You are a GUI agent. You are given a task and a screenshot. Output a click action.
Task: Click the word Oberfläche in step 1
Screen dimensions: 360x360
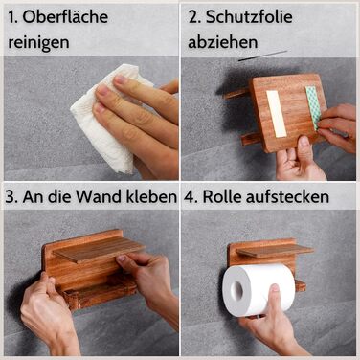pos(65,17)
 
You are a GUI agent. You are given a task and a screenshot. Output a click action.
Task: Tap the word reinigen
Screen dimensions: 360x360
pos(38,42)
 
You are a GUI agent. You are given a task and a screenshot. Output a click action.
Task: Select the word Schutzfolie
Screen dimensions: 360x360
pos(249,16)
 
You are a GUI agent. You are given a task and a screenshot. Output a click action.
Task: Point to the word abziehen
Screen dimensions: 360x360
pos(223,42)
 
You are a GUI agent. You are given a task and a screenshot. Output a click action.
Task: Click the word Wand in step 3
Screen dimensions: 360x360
pos(100,197)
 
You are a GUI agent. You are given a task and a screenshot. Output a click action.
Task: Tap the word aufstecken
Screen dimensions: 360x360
pos(287,196)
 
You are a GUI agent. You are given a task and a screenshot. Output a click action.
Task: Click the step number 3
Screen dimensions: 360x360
pos(11,197)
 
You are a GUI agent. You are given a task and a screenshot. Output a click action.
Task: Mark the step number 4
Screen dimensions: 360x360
pos(190,197)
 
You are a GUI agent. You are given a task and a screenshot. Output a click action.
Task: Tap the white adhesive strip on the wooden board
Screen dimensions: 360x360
pos(277,114)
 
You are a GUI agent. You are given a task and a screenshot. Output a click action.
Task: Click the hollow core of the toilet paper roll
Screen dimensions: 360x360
pos(237,289)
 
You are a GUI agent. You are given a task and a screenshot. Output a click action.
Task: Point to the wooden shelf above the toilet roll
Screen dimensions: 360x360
pos(275,250)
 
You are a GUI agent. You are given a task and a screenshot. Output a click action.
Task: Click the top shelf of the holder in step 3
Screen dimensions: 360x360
pos(99,249)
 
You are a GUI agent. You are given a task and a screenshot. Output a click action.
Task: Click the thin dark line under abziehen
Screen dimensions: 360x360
pos(262,56)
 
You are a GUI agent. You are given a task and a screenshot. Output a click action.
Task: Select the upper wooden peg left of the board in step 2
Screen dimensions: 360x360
pos(236,94)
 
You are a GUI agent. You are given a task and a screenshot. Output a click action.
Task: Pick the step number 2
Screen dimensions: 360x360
pos(194,17)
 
